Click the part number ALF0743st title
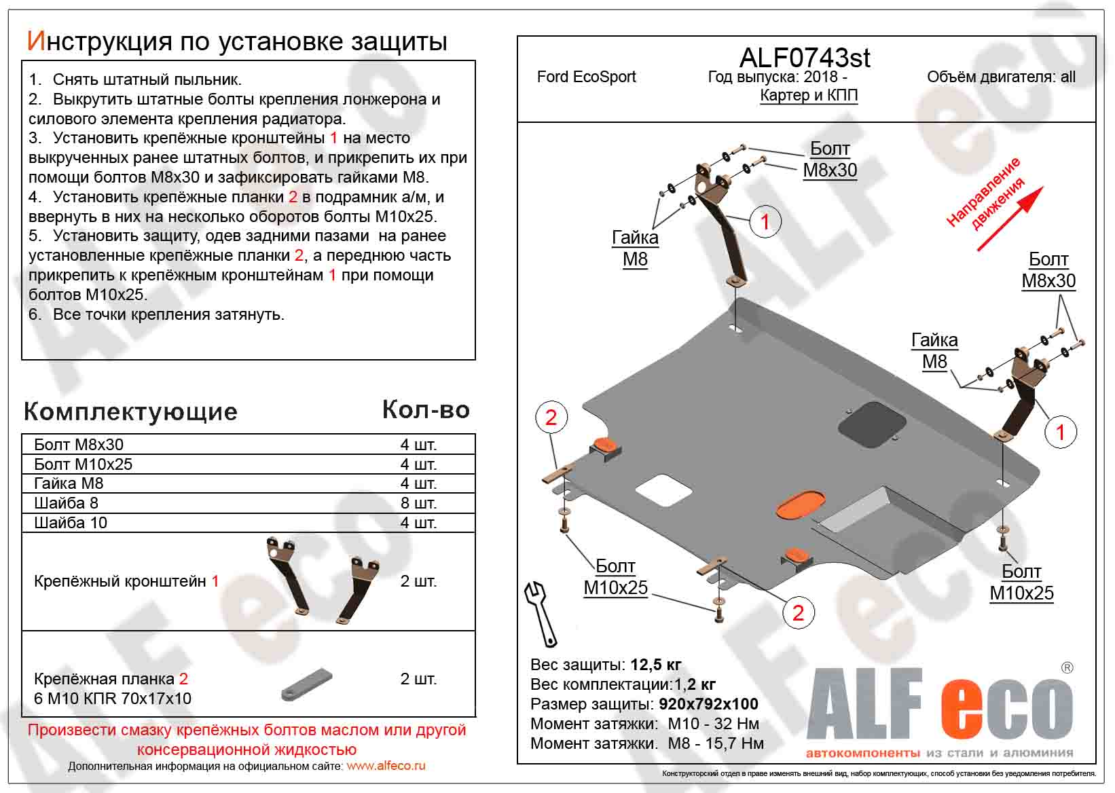(804, 58)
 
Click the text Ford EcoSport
(586, 77)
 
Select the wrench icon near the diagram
(541, 613)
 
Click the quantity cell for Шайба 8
(418, 503)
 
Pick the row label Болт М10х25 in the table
(83, 464)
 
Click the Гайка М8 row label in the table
(69, 483)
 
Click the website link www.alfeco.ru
(386, 766)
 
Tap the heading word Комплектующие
(130, 411)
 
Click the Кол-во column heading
(426, 409)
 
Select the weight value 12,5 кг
(655, 665)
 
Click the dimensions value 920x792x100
(708, 704)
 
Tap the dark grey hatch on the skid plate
(871, 424)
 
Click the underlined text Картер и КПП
(808, 96)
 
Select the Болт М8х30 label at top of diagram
(830, 160)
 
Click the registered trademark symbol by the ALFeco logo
(1067, 668)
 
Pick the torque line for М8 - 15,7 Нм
(646, 743)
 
